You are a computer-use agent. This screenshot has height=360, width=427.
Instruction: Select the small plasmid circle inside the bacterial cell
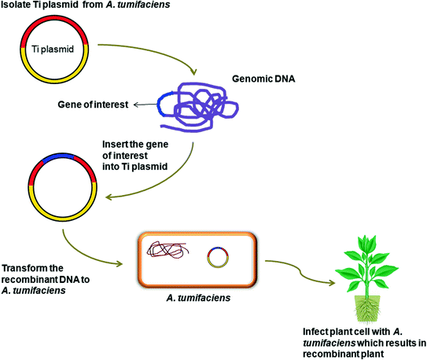coord(219,257)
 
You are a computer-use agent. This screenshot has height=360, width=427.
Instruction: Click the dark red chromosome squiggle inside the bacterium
coord(167,254)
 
